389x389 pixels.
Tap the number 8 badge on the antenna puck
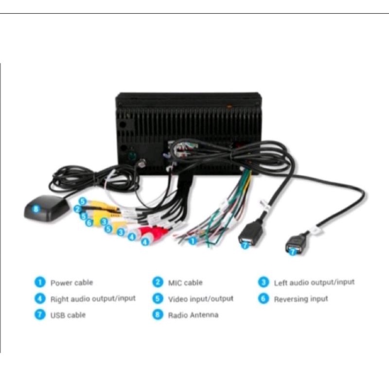[x=35, y=210]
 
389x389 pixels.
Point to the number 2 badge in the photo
[x=77, y=209]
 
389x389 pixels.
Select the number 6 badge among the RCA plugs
[x=88, y=223]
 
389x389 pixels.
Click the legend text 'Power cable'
[x=71, y=283]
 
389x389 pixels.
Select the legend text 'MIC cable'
[x=185, y=283]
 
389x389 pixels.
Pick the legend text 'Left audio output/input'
[x=314, y=282]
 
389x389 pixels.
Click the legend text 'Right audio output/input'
[x=93, y=299]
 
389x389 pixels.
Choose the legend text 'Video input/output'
[x=200, y=299]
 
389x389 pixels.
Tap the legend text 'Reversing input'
[x=301, y=299]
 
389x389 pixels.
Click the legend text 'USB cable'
[x=68, y=315]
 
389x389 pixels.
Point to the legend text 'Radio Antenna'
[x=193, y=315]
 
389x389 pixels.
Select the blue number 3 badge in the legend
[x=263, y=283]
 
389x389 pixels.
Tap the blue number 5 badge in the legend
[x=157, y=299]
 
